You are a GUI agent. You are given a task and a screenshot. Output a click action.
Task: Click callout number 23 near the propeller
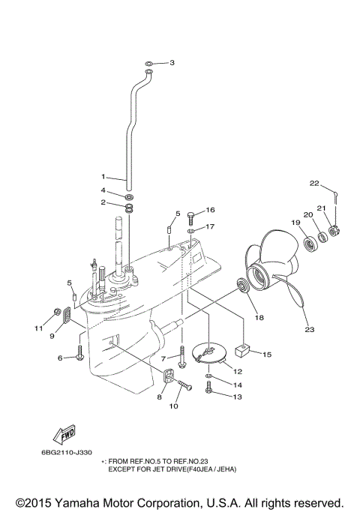pyautogui.click(x=309, y=327)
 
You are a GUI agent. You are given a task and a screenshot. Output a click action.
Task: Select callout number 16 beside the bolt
pyautogui.click(x=211, y=210)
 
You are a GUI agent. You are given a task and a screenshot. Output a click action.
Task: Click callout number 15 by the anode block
pyautogui.click(x=267, y=353)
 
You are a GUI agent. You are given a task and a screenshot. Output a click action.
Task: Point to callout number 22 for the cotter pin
pyautogui.click(x=315, y=183)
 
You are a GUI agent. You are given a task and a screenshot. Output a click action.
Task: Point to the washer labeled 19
pyautogui.click(x=308, y=244)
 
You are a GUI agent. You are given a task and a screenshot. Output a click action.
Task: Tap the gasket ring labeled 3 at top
pyautogui.click(x=150, y=64)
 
